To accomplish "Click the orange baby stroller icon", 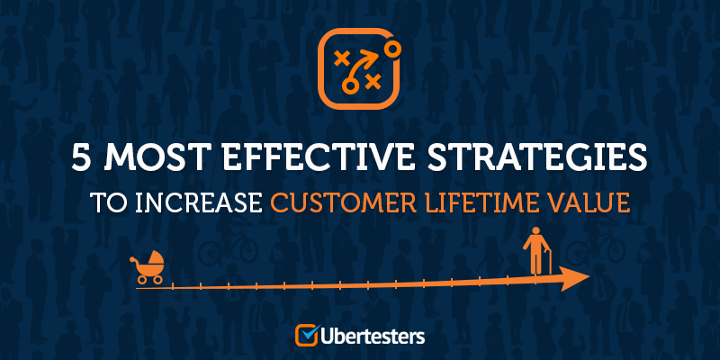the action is (147, 267).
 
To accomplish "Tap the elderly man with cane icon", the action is (536, 251).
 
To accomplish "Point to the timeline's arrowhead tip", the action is (589, 276).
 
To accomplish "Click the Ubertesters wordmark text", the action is (373, 336).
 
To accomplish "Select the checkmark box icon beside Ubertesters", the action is (307, 335).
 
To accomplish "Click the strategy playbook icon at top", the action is (360, 68).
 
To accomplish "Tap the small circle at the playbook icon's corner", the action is (391, 49).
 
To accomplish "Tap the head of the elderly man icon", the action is (534, 231).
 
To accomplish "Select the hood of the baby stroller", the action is (155, 259).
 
